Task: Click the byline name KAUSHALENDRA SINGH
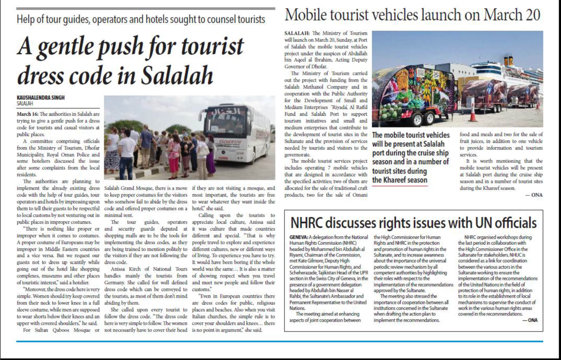pos(41,98)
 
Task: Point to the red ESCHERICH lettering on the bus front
pos(230,142)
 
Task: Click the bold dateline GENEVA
pos(299,237)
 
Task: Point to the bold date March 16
pos(27,114)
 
